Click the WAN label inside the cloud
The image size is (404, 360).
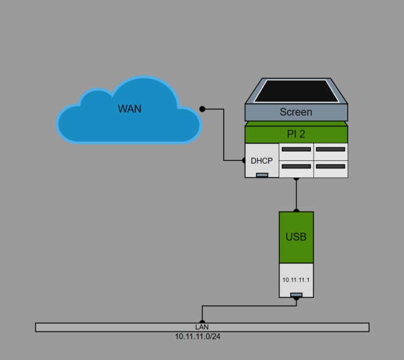pyautogui.click(x=129, y=109)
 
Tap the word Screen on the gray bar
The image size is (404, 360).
pyautogui.click(x=296, y=112)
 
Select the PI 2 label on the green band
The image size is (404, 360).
pyautogui.click(x=296, y=133)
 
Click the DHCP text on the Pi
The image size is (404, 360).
pyautogui.click(x=261, y=161)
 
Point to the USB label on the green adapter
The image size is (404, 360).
pyautogui.click(x=296, y=237)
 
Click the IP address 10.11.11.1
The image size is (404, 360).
pyautogui.click(x=296, y=280)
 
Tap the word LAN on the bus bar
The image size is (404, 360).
pyautogui.click(x=201, y=327)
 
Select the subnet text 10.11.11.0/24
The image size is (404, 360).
pyautogui.click(x=201, y=337)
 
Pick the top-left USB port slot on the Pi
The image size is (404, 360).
pyautogui.click(x=296, y=149)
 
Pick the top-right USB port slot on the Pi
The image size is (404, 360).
pyautogui.click(x=331, y=149)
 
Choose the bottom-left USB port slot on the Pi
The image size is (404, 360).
pyautogui.click(x=296, y=166)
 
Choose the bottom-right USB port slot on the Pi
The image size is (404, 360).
pyautogui.click(x=331, y=166)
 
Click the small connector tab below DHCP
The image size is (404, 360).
pyautogui.click(x=262, y=175)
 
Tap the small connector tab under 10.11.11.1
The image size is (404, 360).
pyautogui.click(x=296, y=295)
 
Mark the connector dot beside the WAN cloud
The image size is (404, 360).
pyautogui.click(x=203, y=109)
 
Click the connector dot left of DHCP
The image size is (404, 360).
pyautogui.click(x=244, y=160)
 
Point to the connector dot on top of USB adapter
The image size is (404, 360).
pyautogui.click(x=296, y=211)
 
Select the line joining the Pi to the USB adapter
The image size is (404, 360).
pyautogui.click(x=296, y=194)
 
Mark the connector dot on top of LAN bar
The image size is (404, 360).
pyautogui.click(x=201, y=322)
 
